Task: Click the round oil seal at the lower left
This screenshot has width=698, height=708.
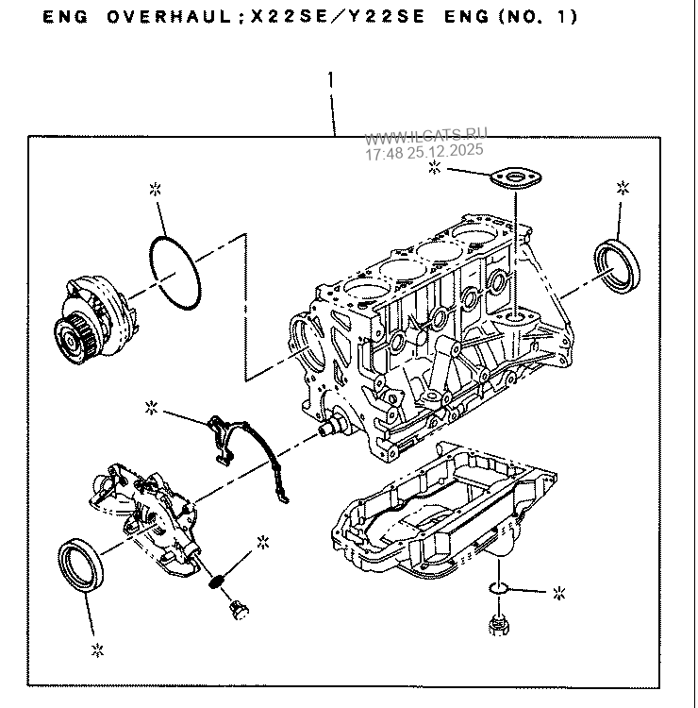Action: [79, 565]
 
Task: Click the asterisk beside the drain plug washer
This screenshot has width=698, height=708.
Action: [559, 594]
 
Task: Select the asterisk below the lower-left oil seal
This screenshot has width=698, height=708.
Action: [96, 649]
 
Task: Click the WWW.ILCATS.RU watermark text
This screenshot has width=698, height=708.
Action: [426, 138]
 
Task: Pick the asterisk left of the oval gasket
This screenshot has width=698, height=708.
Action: [436, 168]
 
